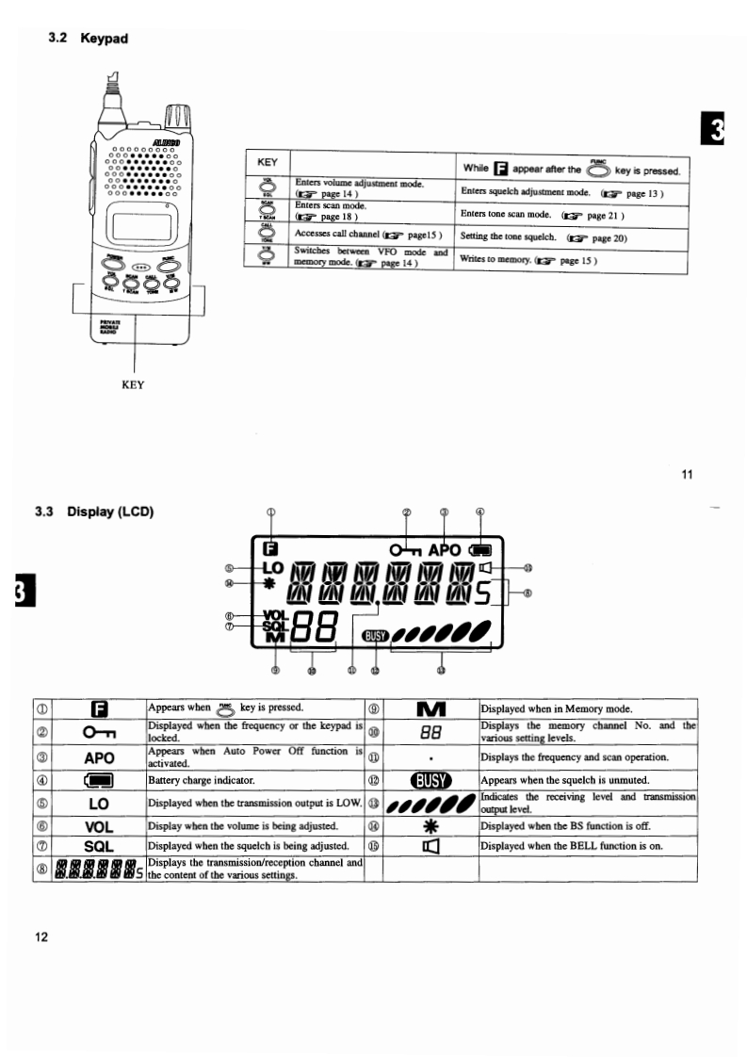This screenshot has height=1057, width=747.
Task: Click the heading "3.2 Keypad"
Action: pos(88,39)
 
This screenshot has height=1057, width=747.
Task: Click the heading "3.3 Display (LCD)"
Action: pos(93,512)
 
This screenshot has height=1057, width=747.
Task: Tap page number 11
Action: pos(686,474)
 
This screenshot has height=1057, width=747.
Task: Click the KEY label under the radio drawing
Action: pos(134,384)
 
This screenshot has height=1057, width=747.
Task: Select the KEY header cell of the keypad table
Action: pos(267,161)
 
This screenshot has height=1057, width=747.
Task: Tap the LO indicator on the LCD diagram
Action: pos(272,569)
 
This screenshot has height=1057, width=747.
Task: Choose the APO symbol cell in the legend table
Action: pos(99,756)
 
